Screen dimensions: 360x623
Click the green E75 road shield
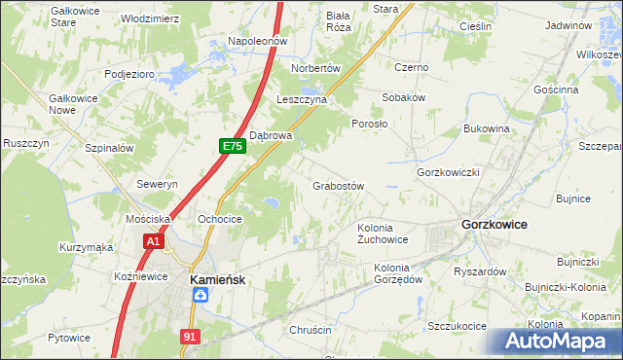pyautogui.click(x=231, y=146)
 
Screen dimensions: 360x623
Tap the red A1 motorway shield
pyautogui.click(x=152, y=240)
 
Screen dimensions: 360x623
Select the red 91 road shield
pyautogui.click(x=191, y=336)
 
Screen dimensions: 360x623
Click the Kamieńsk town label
pyautogui.click(x=214, y=278)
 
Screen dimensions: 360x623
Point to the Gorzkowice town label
pyautogui.click(x=494, y=224)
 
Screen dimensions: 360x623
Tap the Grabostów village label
pyautogui.click(x=338, y=185)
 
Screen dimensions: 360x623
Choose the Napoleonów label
pyautogui.click(x=256, y=41)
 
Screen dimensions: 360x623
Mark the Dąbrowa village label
pyautogui.click(x=271, y=135)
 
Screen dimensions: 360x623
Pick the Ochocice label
pyautogui.click(x=219, y=219)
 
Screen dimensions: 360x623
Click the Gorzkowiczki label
pyautogui.click(x=449, y=171)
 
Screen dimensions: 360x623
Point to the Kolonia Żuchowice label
pyautogui.click(x=383, y=233)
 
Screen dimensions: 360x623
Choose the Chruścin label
pyautogui.click(x=311, y=330)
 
